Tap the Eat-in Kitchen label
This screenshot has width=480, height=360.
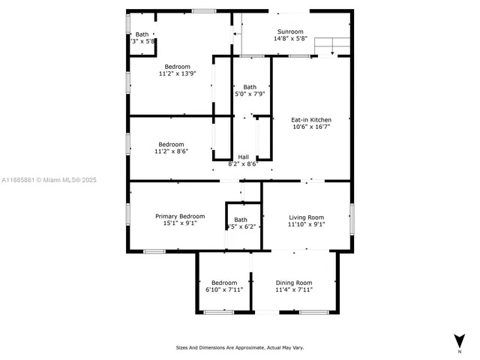click(x=311, y=119)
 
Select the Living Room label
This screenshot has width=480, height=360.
click(x=306, y=217)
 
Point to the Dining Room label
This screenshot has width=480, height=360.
click(x=293, y=283)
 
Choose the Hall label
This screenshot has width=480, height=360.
click(x=243, y=157)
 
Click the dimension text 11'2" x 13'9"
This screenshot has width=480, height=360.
click(x=178, y=73)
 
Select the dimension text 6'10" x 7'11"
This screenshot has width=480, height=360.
click(x=224, y=289)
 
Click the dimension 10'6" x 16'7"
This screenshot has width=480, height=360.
click(x=311, y=127)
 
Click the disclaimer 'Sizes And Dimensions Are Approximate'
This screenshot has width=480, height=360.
click(x=239, y=347)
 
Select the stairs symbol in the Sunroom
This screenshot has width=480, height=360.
click(x=332, y=47)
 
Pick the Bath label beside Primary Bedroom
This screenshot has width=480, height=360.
click(x=241, y=220)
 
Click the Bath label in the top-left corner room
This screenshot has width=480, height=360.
click(x=142, y=34)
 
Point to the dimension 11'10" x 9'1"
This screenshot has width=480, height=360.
click(x=306, y=223)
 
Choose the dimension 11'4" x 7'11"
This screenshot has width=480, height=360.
click(x=293, y=289)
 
